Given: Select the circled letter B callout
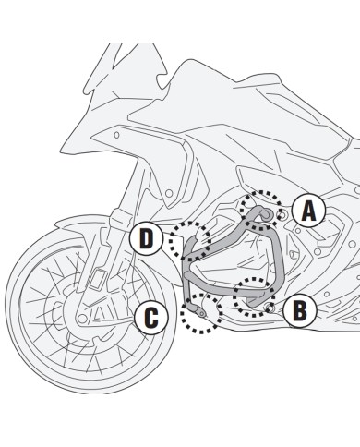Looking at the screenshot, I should [x=299, y=311].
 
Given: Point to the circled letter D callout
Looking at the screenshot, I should [x=147, y=239].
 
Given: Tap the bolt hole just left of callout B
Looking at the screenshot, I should [x=270, y=307].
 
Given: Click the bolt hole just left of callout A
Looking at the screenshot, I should [x=281, y=214].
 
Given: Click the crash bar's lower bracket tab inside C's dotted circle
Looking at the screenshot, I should [x=196, y=319].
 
